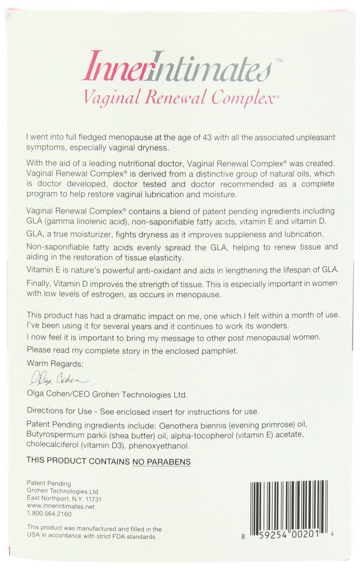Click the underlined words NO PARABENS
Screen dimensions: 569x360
162,461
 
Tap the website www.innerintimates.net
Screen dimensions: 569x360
61,506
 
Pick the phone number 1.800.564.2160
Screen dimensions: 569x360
49,514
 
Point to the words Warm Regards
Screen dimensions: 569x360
55,364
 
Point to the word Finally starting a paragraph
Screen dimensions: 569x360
38,283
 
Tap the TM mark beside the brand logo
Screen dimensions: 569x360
279,61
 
